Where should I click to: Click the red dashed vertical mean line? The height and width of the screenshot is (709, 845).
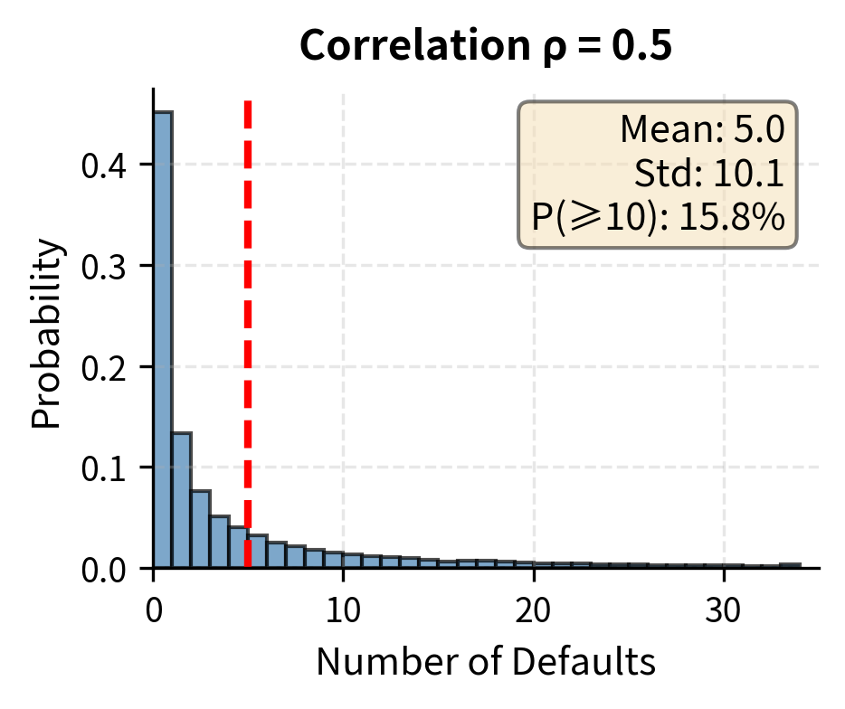pyautogui.click(x=247, y=271)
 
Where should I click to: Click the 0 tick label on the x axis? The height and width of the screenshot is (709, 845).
pyautogui.click(x=154, y=611)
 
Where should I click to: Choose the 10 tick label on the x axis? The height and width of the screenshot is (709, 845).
pyautogui.click(x=343, y=611)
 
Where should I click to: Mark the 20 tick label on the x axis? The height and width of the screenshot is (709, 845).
pyautogui.click(x=534, y=611)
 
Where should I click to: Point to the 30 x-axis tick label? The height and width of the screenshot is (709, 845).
pyautogui.click(x=724, y=611)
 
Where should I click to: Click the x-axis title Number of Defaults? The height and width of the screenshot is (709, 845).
pyautogui.click(x=486, y=663)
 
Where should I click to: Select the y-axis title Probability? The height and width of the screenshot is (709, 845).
pyautogui.click(x=50, y=333)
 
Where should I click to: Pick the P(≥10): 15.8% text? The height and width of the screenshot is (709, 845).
pyautogui.click(x=658, y=216)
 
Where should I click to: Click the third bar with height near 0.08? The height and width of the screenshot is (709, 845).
pyautogui.click(x=201, y=529)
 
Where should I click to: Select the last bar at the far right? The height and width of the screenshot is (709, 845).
pyautogui.click(x=790, y=565)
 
